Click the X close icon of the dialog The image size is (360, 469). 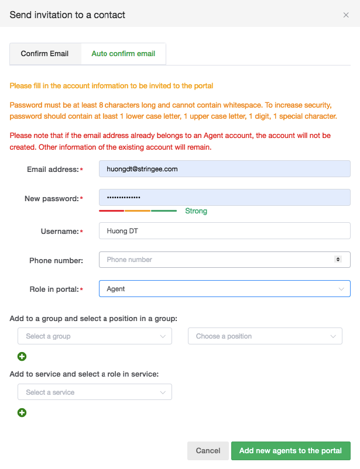[x=346, y=15]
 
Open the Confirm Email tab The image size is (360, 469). [x=44, y=54]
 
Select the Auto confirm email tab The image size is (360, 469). [x=123, y=54]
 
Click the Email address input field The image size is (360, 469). [x=225, y=169]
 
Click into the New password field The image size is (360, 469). [x=225, y=198]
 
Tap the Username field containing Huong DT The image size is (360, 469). [x=225, y=231]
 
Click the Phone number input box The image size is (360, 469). [x=217, y=260]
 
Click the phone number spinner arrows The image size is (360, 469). [x=338, y=259]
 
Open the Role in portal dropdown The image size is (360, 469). [x=225, y=289]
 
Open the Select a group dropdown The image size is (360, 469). [x=95, y=336]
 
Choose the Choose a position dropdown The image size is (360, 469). [x=265, y=336]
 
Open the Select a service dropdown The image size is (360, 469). [x=95, y=392]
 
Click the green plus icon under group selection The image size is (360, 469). [x=22, y=356]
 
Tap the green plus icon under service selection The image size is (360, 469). [x=22, y=412]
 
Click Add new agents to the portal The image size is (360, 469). [x=290, y=451]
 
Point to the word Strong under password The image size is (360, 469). [x=196, y=211]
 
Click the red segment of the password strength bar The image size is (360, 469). [x=111, y=211]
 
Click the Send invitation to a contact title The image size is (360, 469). [x=67, y=15]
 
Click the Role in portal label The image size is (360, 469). [x=54, y=289]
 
